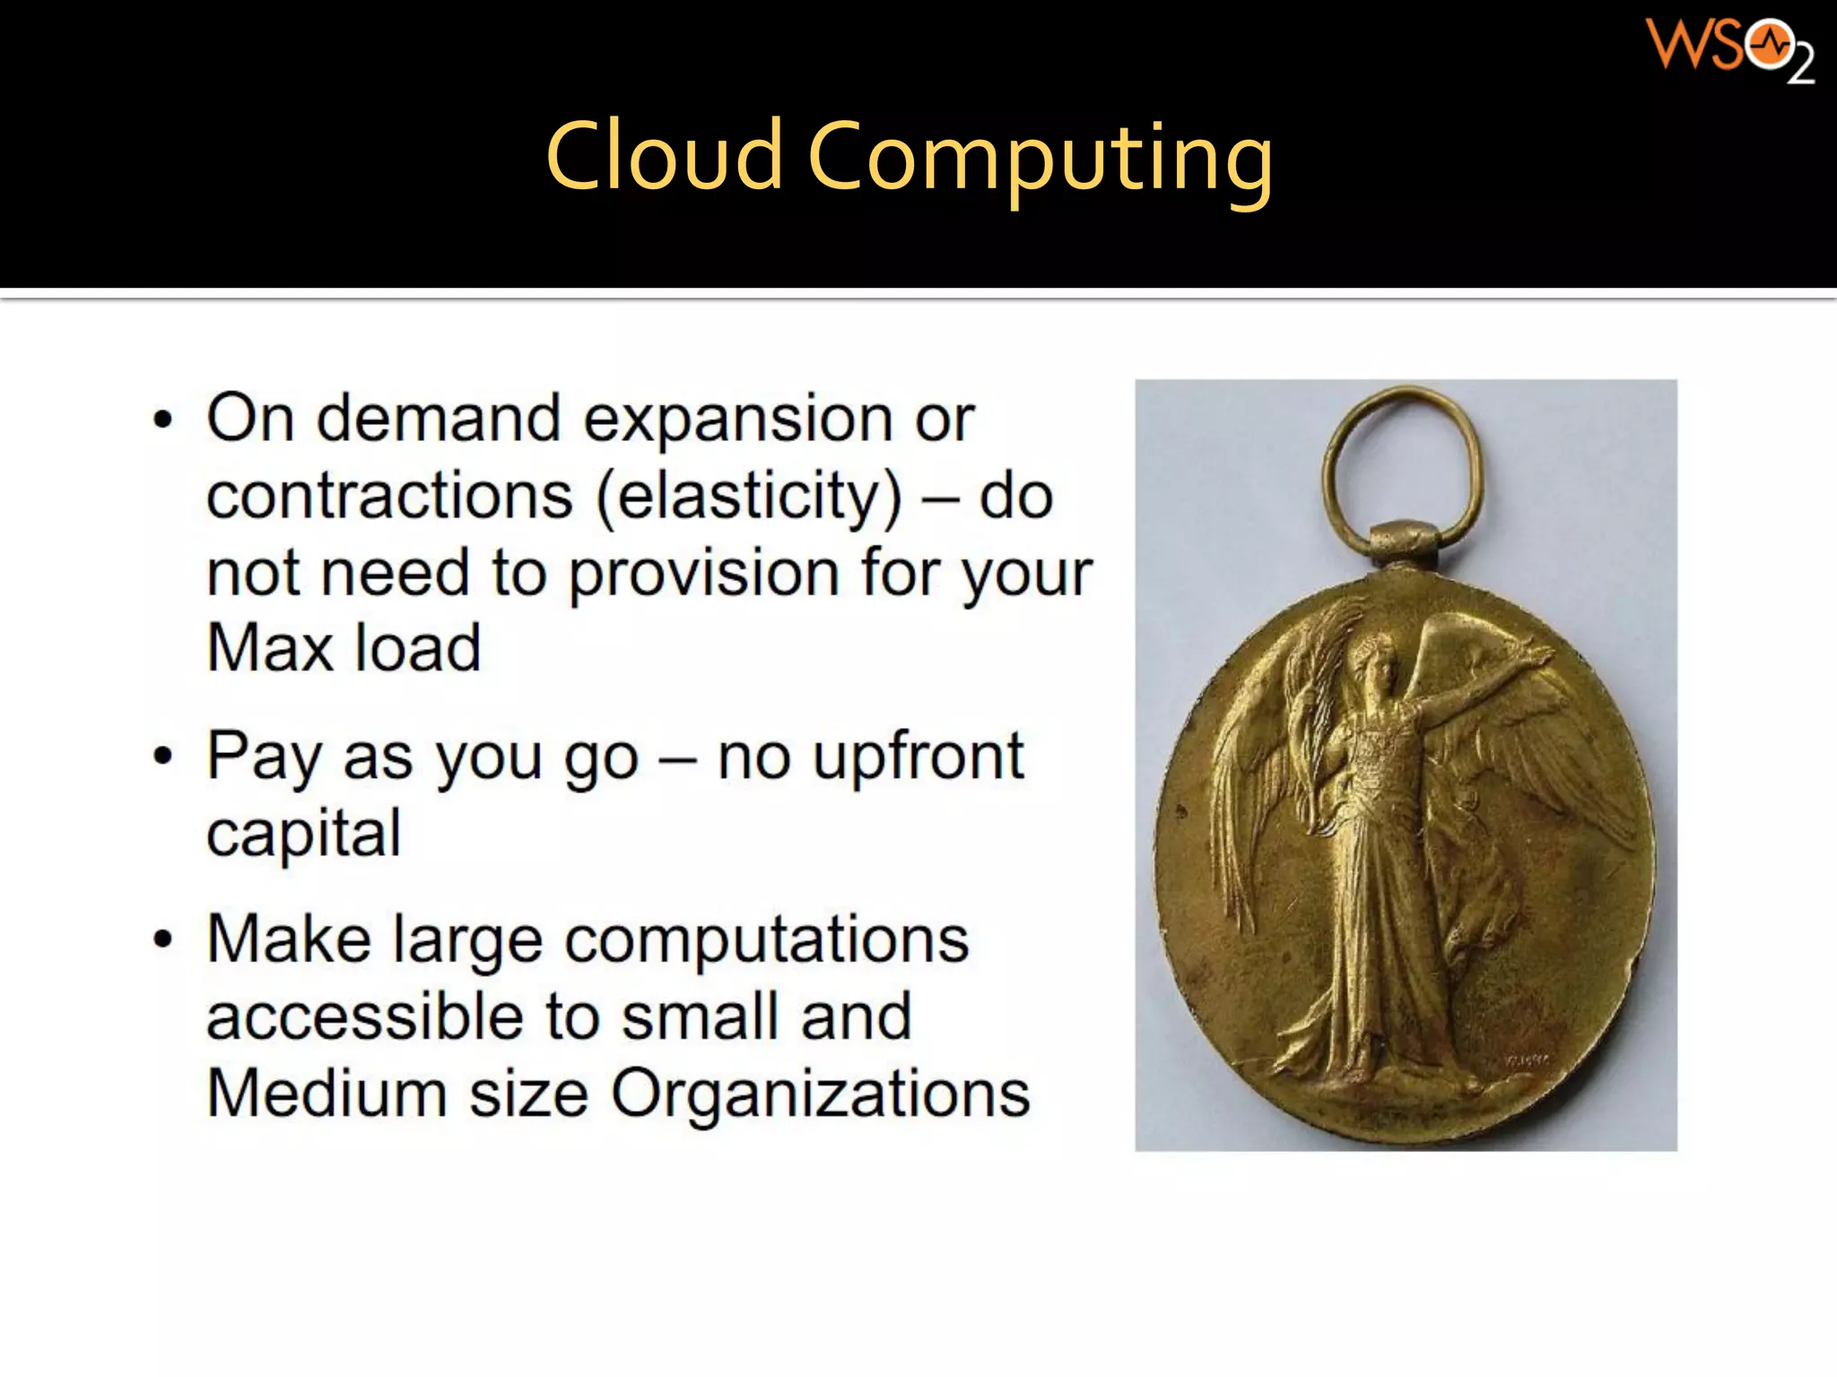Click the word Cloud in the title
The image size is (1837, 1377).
664,157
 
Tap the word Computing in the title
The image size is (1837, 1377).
1040,160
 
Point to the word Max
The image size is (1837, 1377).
269,647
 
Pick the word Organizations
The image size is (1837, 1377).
821,1095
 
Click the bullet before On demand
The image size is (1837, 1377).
162,420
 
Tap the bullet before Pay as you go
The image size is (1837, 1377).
162,756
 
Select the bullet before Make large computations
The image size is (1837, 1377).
162,940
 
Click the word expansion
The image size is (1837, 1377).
736,420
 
